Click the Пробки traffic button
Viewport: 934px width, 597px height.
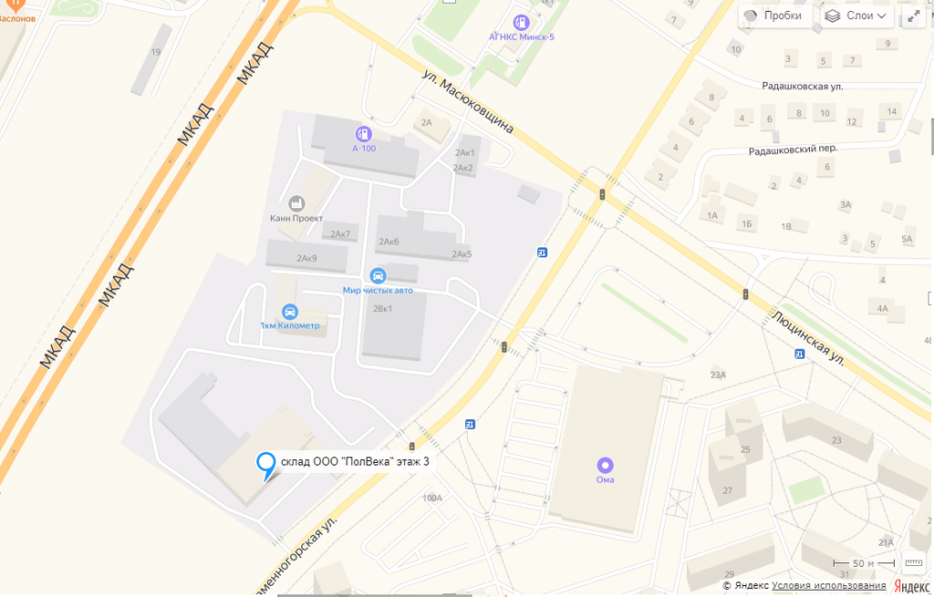pyautogui.click(x=773, y=16)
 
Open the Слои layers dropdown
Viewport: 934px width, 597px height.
pyautogui.click(x=856, y=16)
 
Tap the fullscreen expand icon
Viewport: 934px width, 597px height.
pyautogui.click(x=914, y=16)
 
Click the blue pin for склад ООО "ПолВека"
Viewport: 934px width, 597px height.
pyautogui.click(x=265, y=465)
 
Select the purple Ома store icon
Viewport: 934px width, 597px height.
pyautogui.click(x=605, y=465)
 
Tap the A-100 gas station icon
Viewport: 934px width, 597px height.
pyautogui.click(x=364, y=133)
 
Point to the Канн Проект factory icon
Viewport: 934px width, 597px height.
pyautogui.click(x=296, y=203)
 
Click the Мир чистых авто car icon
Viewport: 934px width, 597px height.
pyautogui.click(x=378, y=275)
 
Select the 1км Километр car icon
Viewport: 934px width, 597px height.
pyautogui.click(x=290, y=311)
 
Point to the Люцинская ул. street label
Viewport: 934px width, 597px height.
pyautogui.click(x=806, y=336)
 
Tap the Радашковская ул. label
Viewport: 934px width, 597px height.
pyautogui.click(x=803, y=86)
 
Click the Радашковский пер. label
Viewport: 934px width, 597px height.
pyautogui.click(x=792, y=148)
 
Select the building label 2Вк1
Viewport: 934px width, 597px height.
pyautogui.click(x=382, y=309)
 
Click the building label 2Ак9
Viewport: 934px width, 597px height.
pyautogui.click(x=306, y=258)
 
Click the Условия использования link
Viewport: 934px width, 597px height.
pyautogui.click(x=828, y=585)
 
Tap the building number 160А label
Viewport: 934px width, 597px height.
pyautogui.click(x=431, y=497)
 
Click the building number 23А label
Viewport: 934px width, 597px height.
pyautogui.click(x=718, y=374)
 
